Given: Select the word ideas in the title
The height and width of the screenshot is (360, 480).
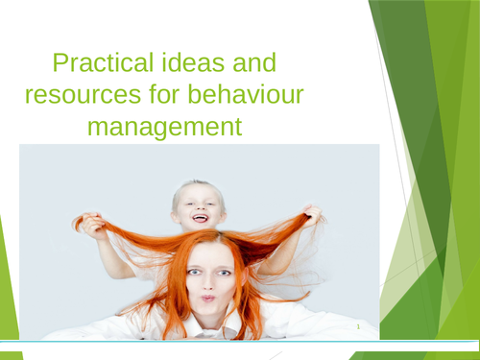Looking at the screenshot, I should (192, 65).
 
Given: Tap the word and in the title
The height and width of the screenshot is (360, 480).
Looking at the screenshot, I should (252, 65).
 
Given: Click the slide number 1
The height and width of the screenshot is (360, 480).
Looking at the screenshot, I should (356, 328).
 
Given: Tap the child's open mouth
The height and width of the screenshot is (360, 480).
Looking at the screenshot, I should (200, 219).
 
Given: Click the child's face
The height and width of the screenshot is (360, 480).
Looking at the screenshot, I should (199, 206).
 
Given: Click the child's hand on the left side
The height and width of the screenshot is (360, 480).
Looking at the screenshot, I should (92, 225).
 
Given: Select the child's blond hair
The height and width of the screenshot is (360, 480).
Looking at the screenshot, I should (197, 185).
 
